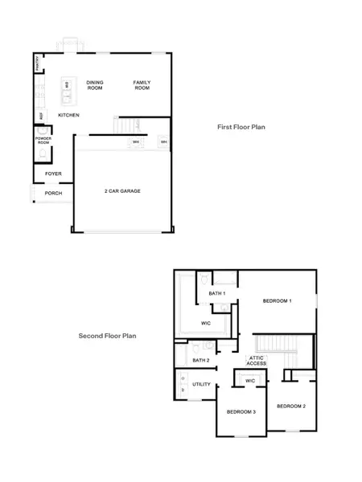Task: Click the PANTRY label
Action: tap(38, 63)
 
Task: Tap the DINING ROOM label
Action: tap(95, 84)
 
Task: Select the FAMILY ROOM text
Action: tap(142, 84)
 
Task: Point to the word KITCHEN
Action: tap(68, 115)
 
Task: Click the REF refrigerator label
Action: tap(42, 116)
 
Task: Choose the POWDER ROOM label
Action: tap(43, 141)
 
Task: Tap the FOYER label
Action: tap(53, 173)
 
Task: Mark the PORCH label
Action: tap(53, 193)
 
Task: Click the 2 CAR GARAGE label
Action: tap(122, 191)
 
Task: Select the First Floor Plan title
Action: tap(241, 127)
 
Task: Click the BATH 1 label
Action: tap(217, 294)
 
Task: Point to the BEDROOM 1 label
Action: tap(277, 300)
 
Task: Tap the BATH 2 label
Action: tap(201, 361)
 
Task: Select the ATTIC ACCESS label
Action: tap(257, 360)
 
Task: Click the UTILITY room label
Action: tap(201, 384)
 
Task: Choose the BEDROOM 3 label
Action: tap(241, 411)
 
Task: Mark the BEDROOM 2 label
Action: tap(291, 406)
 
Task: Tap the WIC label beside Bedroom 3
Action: tap(250, 380)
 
